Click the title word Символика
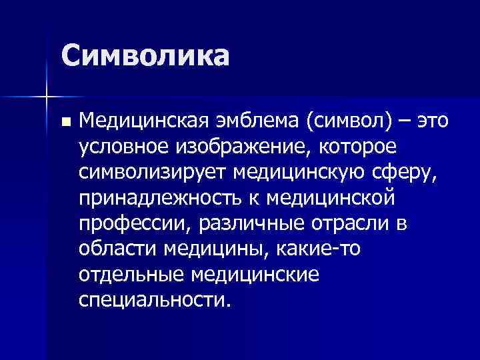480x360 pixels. tap(145, 55)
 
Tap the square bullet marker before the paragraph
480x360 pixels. tap(64, 123)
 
